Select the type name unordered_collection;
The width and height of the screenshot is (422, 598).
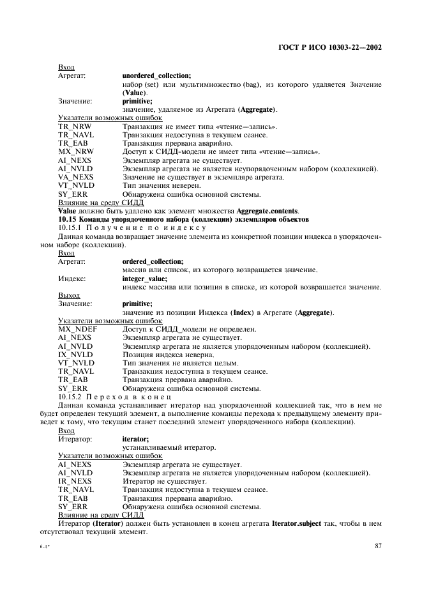pyautogui.click(x=156, y=75)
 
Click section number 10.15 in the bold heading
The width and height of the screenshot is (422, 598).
pyautogui.click(x=68, y=219)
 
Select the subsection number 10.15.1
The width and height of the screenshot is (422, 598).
pyautogui.click(x=72, y=227)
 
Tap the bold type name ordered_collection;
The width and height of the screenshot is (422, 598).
pyautogui.click(x=152, y=261)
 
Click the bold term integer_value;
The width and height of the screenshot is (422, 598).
pyautogui.click(x=144, y=279)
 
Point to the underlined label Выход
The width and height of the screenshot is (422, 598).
pyautogui.click(x=69, y=295)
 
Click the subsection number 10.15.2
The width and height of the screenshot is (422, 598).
pyautogui.click(x=72, y=396)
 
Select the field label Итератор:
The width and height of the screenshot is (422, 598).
pyautogui.click(x=75, y=439)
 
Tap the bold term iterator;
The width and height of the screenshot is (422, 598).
pyautogui.click(x=135, y=439)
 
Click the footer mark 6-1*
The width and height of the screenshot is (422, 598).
pyautogui.click(x=46, y=547)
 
